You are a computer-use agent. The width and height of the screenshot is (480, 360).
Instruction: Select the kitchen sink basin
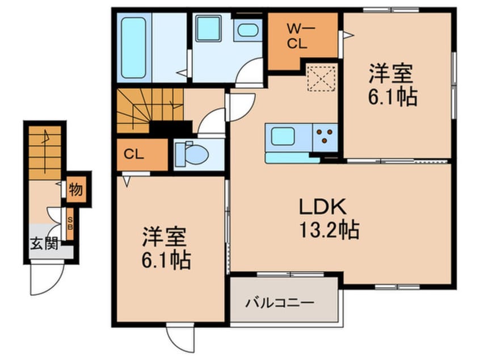(x=282, y=137)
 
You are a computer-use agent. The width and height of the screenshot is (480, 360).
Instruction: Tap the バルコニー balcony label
(x=280, y=303)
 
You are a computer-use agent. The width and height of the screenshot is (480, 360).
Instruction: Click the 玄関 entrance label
(x=43, y=245)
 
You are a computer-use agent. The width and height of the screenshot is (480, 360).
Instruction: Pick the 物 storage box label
(x=75, y=189)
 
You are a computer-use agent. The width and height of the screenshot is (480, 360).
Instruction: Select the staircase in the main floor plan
(x=149, y=110)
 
